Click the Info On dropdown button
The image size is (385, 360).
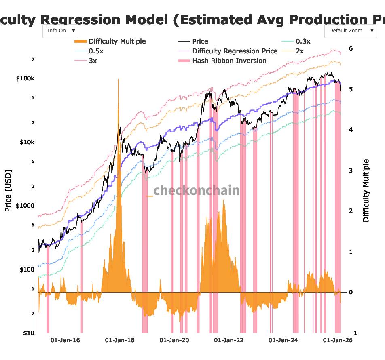pyautogui.click(x=61, y=31)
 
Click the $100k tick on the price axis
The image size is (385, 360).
pyautogui.click(x=25, y=78)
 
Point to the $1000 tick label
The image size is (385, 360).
pyautogui.click(x=25, y=205)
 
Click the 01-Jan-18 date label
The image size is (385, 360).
pyautogui.click(x=120, y=340)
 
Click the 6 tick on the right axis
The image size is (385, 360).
pyautogui.click(x=351, y=48)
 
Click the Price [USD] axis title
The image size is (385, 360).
pyautogui.click(x=8, y=191)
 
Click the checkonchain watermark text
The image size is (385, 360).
pyautogui.click(x=196, y=190)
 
